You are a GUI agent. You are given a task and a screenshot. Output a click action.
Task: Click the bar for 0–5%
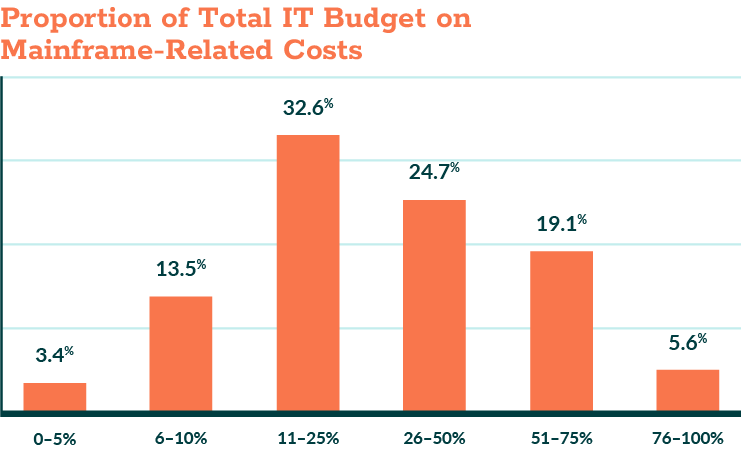click(55, 396)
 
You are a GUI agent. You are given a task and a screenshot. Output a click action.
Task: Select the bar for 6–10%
click(181, 352)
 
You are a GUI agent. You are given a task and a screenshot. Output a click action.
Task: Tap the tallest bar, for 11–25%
click(308, 272)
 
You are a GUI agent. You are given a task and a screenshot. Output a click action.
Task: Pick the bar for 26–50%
click(434, 305)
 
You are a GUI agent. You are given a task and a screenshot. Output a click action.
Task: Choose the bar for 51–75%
click(561, 330)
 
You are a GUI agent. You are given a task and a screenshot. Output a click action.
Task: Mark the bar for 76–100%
click(687, 389)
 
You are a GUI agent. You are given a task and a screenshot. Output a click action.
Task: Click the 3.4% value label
click(55, 355)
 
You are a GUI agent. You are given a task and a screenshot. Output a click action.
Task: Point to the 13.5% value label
click(181, 268)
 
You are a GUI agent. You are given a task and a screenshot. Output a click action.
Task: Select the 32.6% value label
click(308, 107)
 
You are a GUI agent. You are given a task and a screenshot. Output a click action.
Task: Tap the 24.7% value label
click(434, 172)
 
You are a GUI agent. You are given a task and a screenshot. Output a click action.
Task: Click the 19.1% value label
click(561, 223)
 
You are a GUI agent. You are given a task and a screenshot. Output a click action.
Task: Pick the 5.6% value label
click(687, 343)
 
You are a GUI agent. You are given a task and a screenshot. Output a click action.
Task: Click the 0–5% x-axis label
click(55, 438)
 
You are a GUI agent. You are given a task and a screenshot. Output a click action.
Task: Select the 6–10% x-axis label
click(181, 438)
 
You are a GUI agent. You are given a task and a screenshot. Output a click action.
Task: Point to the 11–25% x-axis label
click(308, 438)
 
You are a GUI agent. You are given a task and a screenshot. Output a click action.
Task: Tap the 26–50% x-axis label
click(434, 438)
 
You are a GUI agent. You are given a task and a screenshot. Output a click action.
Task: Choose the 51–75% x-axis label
click(561, 438)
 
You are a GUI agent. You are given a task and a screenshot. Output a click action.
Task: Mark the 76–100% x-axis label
click(687, 438)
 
